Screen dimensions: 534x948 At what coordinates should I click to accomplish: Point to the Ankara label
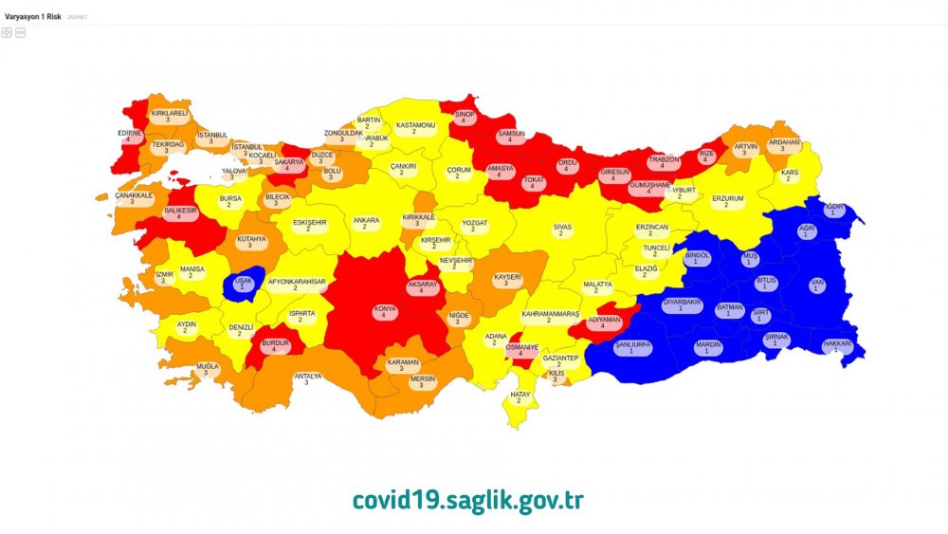pyautogui.click(x=366, y=224)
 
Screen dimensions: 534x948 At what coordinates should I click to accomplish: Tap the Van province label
pyautogui.click(x=817, y=285)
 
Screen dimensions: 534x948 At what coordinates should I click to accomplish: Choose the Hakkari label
pyautogui.click(x=837, y=347)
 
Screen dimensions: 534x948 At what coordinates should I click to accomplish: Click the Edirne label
pyautogui.click(x=129, y=137)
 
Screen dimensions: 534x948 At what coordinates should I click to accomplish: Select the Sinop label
pyautogui.click(x=464, y=117)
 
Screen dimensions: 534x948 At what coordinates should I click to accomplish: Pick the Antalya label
pyautogui.click(x=306, y=379)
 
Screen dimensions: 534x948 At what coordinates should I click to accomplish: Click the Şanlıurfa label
pyautogui.click(x=633, y=347)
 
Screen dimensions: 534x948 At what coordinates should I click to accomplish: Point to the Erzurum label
pyautogui.click(x=727, y=202)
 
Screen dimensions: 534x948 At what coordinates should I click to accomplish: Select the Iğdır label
pyautogui.click(x=834, y=209)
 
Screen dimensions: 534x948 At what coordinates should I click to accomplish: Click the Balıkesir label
pyautogui.click(x=179, y=212)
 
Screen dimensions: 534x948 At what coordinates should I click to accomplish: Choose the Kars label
pyautogui.click(x=789, y=176)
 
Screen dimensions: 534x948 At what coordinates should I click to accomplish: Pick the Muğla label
pyautogui.click(x=208, y=369)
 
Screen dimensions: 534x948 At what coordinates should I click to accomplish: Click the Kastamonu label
pyautogui.click(x=415, y=128)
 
